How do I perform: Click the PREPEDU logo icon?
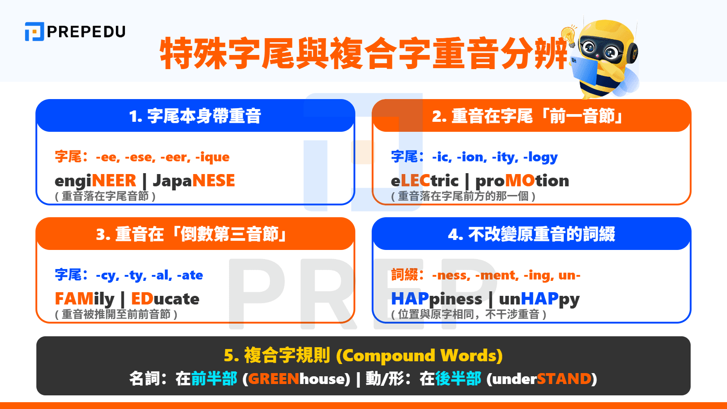tap(34, 32)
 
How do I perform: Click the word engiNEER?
tap(95, 181)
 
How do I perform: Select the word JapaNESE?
tap(194, 181)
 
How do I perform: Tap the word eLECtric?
tap(424, 181)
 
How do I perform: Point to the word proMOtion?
tap(522, 181)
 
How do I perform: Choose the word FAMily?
tap(85, 299)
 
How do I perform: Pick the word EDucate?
tap(165, 299)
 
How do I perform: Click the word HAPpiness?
tap(436, 299)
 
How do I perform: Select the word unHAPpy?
tap(539, 299)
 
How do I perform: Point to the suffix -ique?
tap(212, 157)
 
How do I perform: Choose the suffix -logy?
tap(540, 157)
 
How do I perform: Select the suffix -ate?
tap(190, 275)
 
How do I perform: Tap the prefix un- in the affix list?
tap(569, 275)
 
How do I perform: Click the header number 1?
tap(134, 117)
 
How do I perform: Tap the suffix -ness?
tap(450, 275)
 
